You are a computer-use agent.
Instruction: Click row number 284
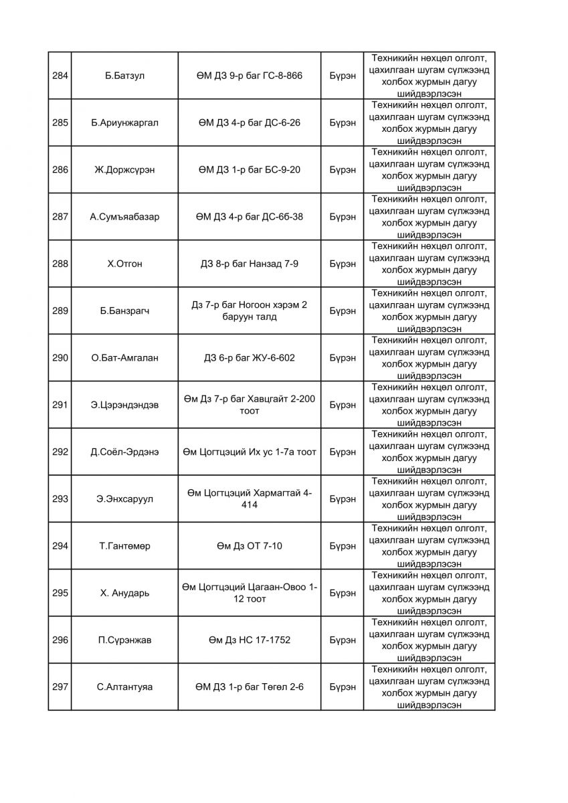pyautogui.click(x=60, y=76)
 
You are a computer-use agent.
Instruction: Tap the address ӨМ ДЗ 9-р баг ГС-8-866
pyautogui.click(x=250, y=76)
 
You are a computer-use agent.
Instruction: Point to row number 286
pyautogui.click(x=60, y=170)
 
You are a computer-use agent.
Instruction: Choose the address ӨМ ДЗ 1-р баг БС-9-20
pyautogui.click(x=250, y=170)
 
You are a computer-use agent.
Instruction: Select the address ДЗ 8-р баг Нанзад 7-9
pyautogui.click(x=250, y=264)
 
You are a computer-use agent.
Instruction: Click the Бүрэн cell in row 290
pyautogui.click(x=343, y=358)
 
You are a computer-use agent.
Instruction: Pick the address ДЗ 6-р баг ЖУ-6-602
pyautogui.click(x=250, y=358)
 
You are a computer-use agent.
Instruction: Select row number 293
pyautogui.click(x=60, y=499)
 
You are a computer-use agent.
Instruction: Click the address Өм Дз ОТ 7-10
pyautogui.click(x=250, y=546)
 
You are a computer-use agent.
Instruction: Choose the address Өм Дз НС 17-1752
pyautogui.click(x=250, y=640)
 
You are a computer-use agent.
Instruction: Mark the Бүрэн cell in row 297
pyautogui.click(x=343, y=687)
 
